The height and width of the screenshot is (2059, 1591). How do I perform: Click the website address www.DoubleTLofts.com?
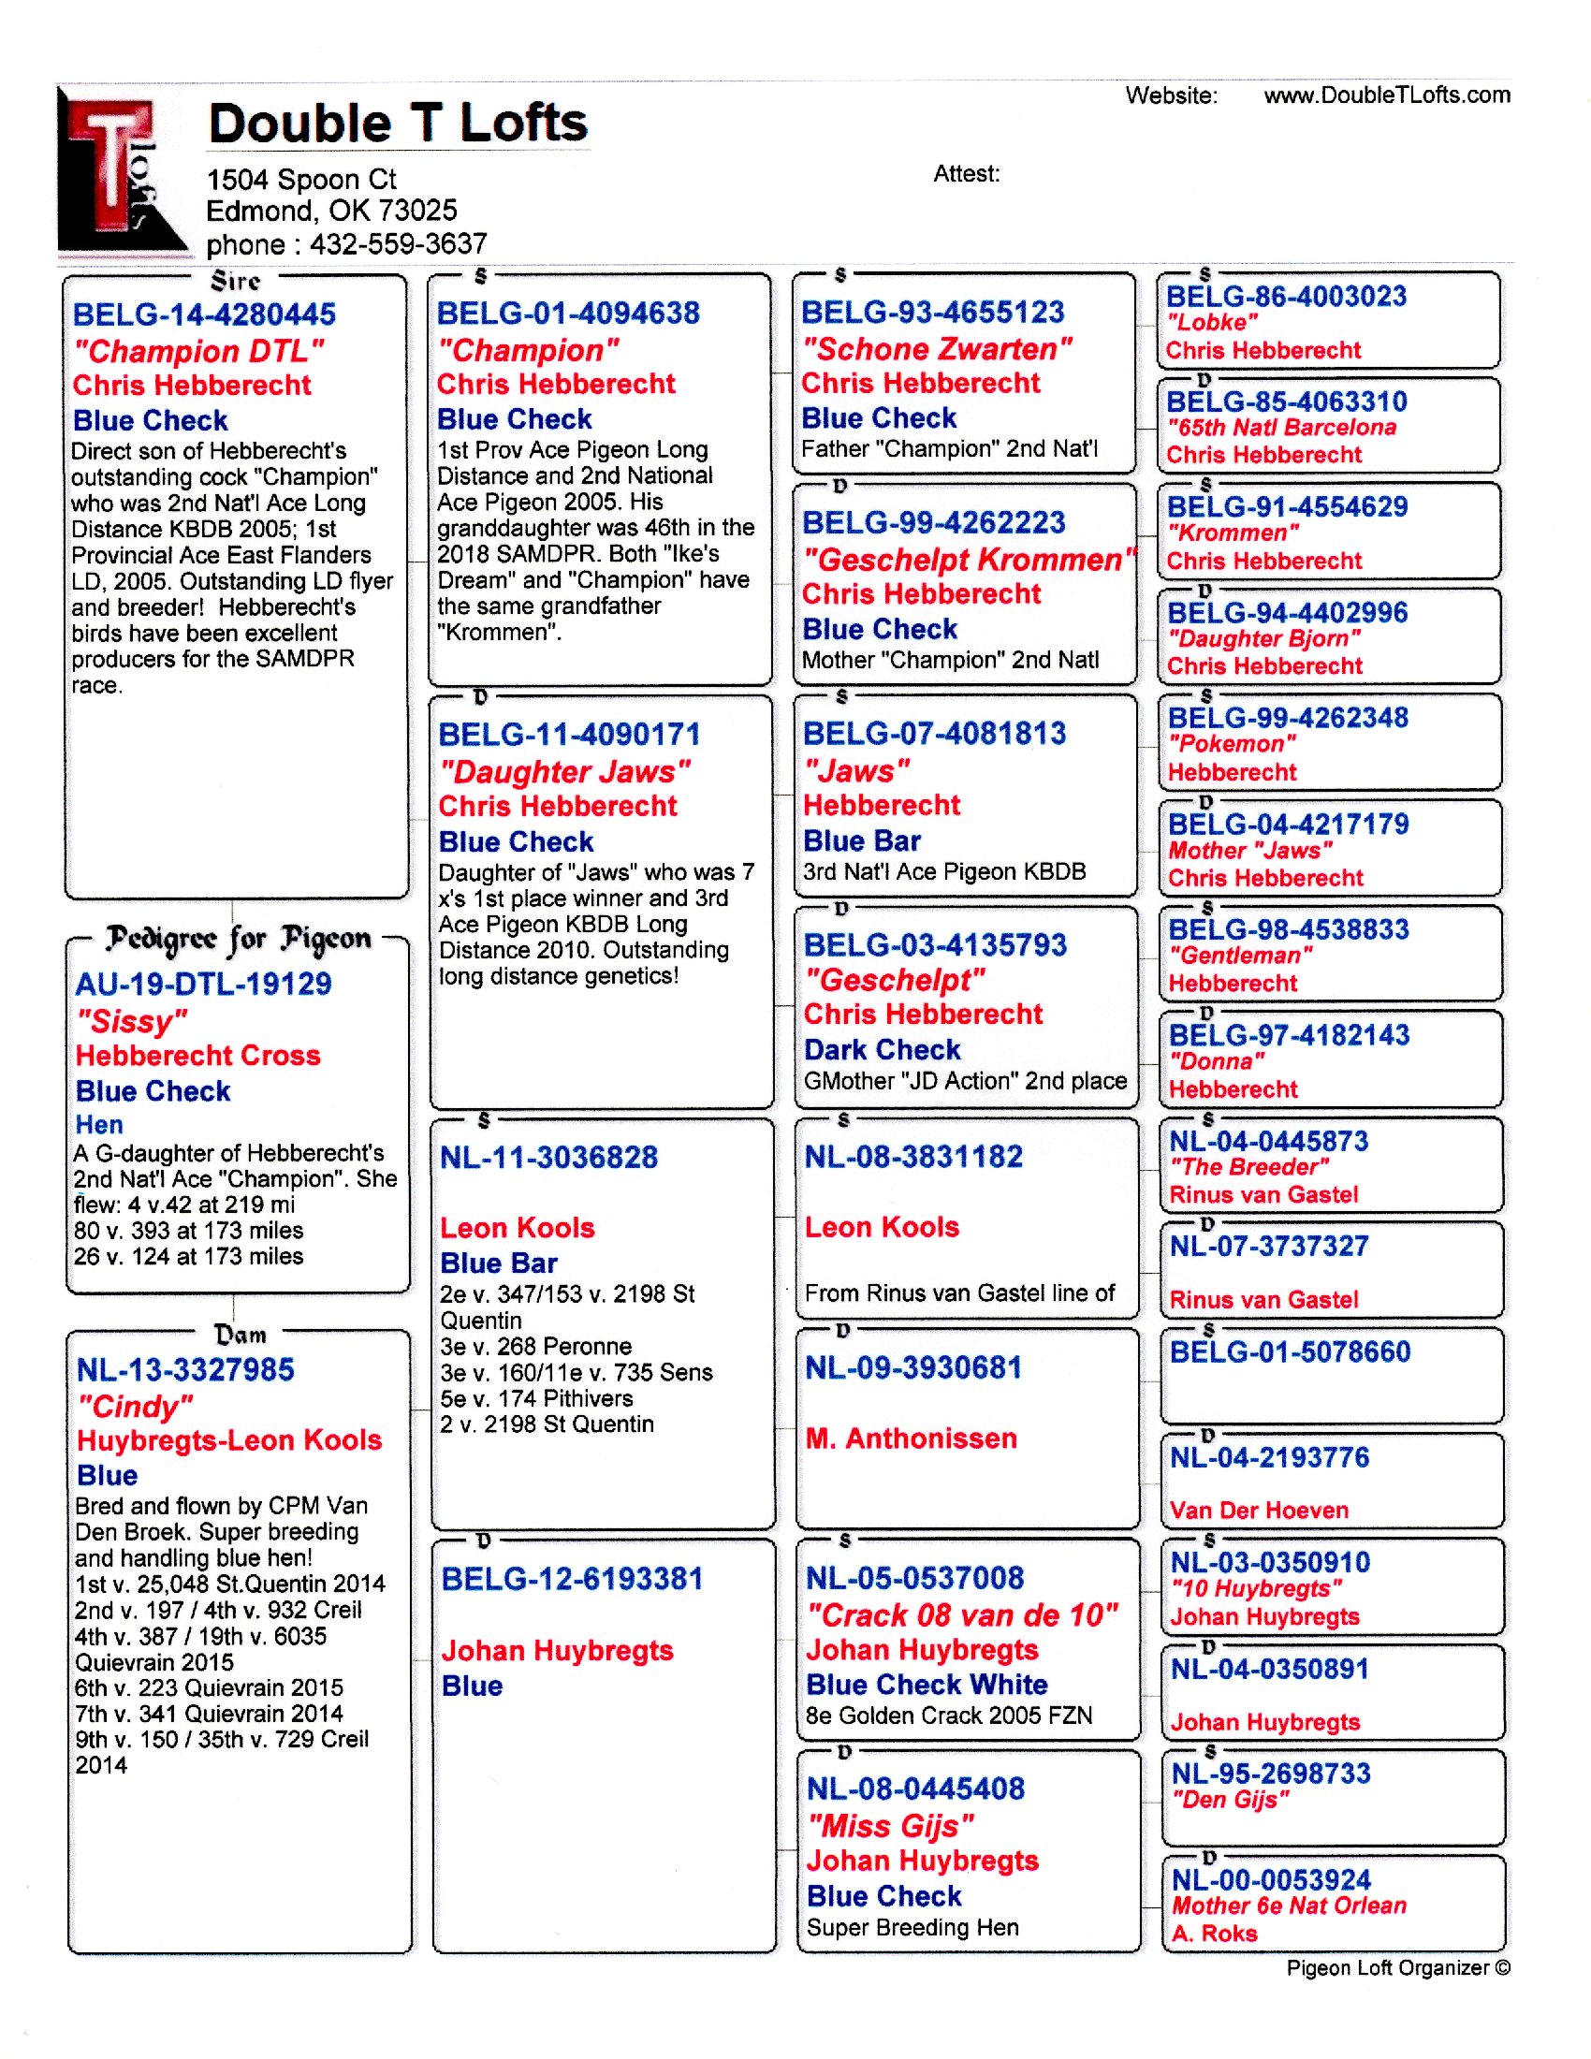[1385, 95]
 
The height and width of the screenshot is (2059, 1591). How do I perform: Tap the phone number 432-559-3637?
[398, 244]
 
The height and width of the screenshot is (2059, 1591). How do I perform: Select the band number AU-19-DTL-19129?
[204, 985]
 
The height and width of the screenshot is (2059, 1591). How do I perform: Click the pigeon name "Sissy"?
[132, 1021]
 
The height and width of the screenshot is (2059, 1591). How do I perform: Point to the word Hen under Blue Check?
[99, 1125]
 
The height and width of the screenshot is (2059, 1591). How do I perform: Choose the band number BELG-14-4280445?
[205, 314]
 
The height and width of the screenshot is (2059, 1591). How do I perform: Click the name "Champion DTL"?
[198, 352]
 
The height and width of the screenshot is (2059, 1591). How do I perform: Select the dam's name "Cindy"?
[136, 1407]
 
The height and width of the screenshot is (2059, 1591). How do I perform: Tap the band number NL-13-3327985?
[185, 1370]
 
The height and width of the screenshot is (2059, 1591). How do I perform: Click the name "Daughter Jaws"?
[564, 772]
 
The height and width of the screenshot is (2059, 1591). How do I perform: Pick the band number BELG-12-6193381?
[572, 1579]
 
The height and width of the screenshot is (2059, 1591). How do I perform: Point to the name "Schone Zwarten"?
[937, 350]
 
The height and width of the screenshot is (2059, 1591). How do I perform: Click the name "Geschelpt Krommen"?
[969, 560]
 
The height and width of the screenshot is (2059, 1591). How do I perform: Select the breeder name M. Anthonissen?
[912, 1438]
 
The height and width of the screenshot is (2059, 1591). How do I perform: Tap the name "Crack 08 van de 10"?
[962, 1616]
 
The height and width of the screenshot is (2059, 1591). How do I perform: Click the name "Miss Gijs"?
[891, 1826]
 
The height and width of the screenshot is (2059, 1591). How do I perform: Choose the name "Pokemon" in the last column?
[1232, 744]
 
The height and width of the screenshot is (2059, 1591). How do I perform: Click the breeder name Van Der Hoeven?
[1258, 1511]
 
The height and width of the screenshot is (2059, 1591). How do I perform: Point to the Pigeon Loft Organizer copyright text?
[1398, 1967]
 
